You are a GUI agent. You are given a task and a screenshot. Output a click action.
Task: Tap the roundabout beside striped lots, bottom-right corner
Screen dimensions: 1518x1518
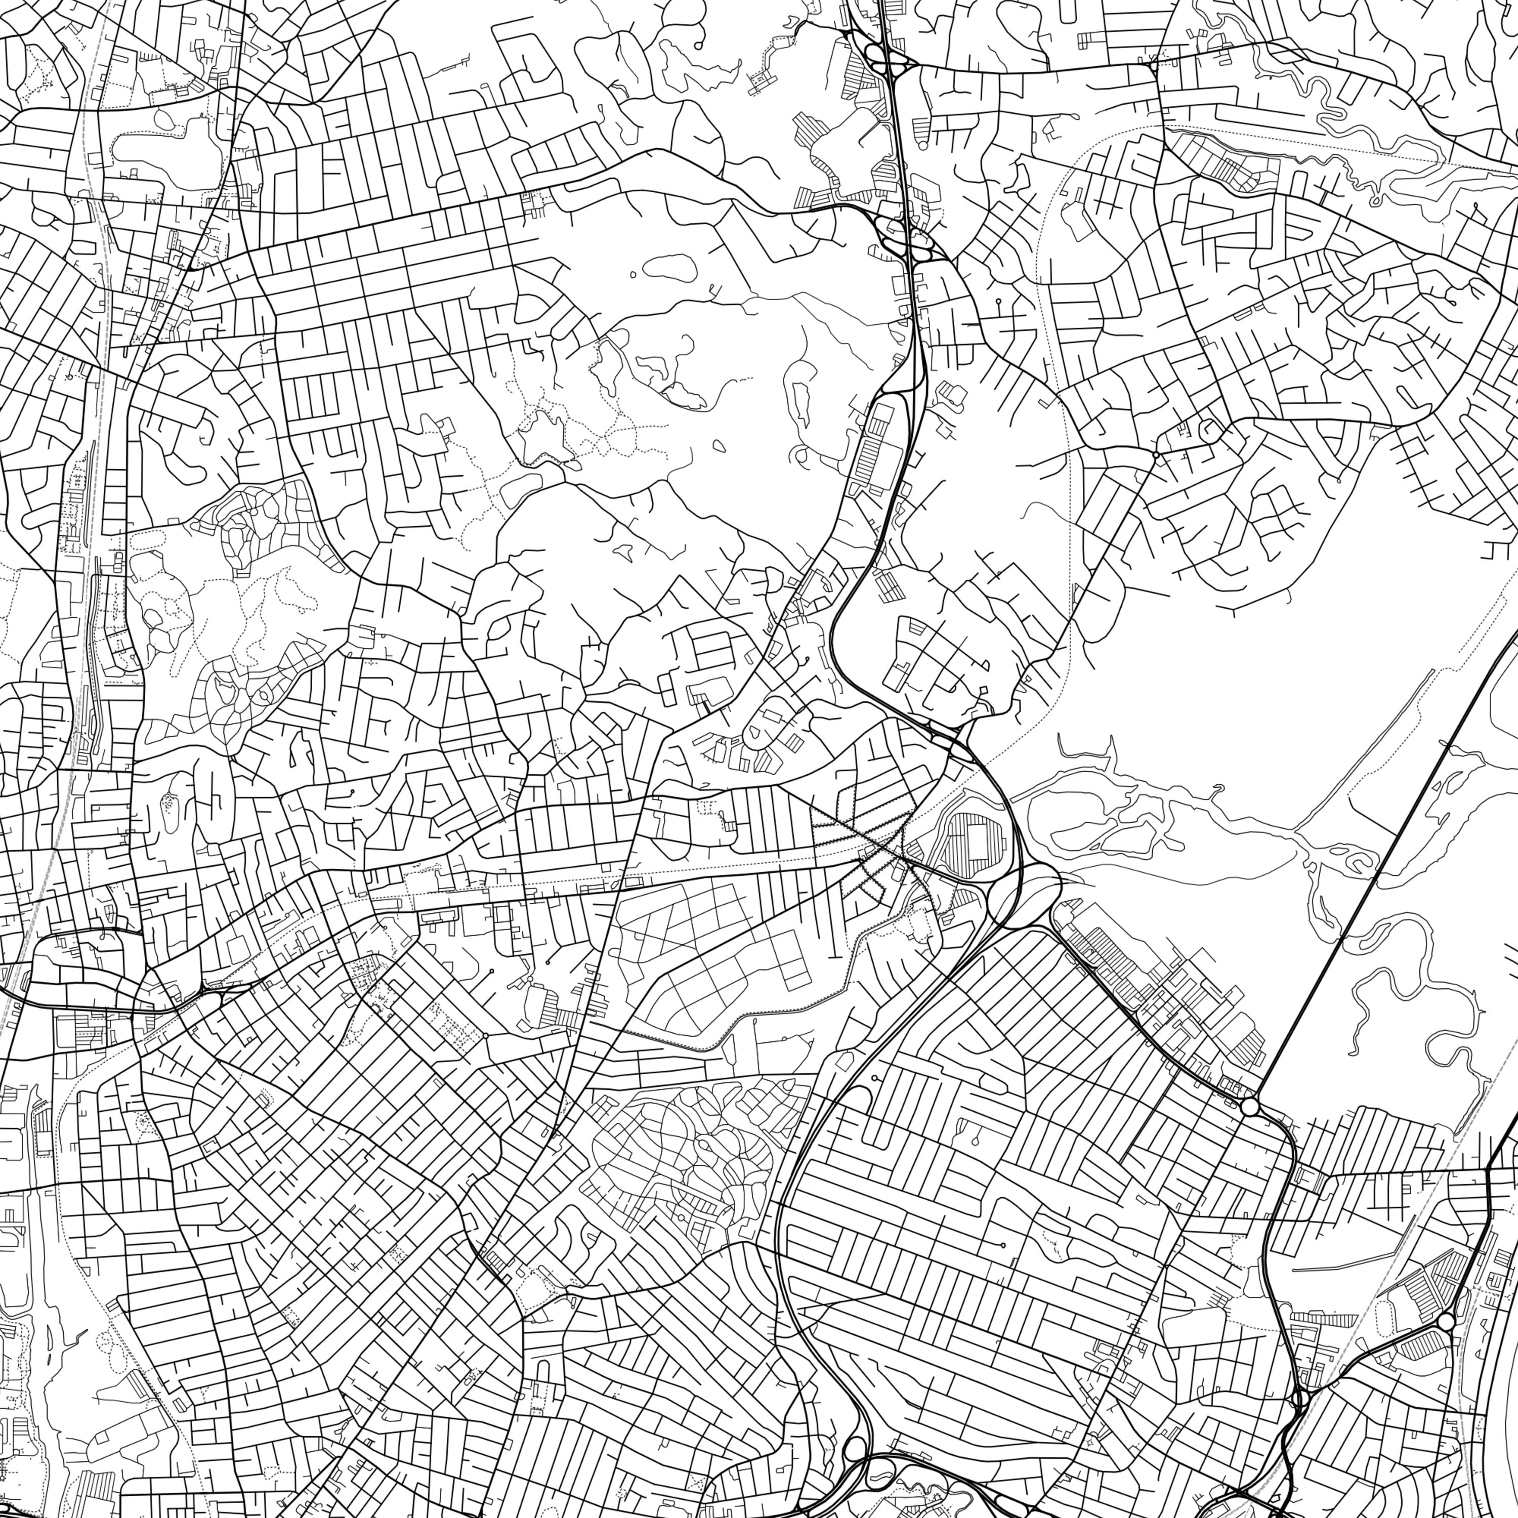click(x=1446, y=1322)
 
